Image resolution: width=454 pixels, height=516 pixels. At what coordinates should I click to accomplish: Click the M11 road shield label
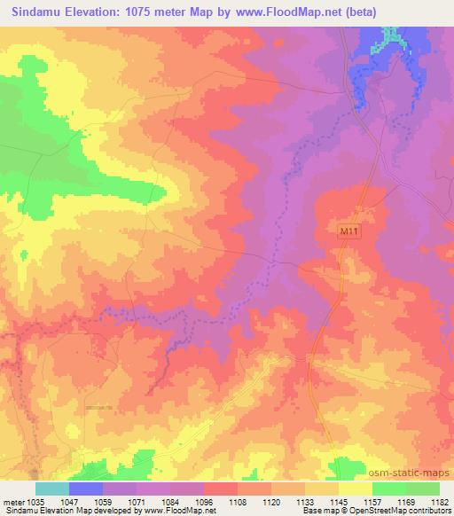pyautogui.click(x=348, y=231)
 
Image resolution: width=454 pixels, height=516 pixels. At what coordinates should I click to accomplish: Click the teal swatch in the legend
pyautogui.click(x=51, y=489)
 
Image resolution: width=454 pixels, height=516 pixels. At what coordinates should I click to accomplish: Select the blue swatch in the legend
pyautogui.click(x=86, y=489)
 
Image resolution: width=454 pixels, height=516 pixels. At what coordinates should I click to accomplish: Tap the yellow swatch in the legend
pyautogui.click(x=355, y=489)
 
